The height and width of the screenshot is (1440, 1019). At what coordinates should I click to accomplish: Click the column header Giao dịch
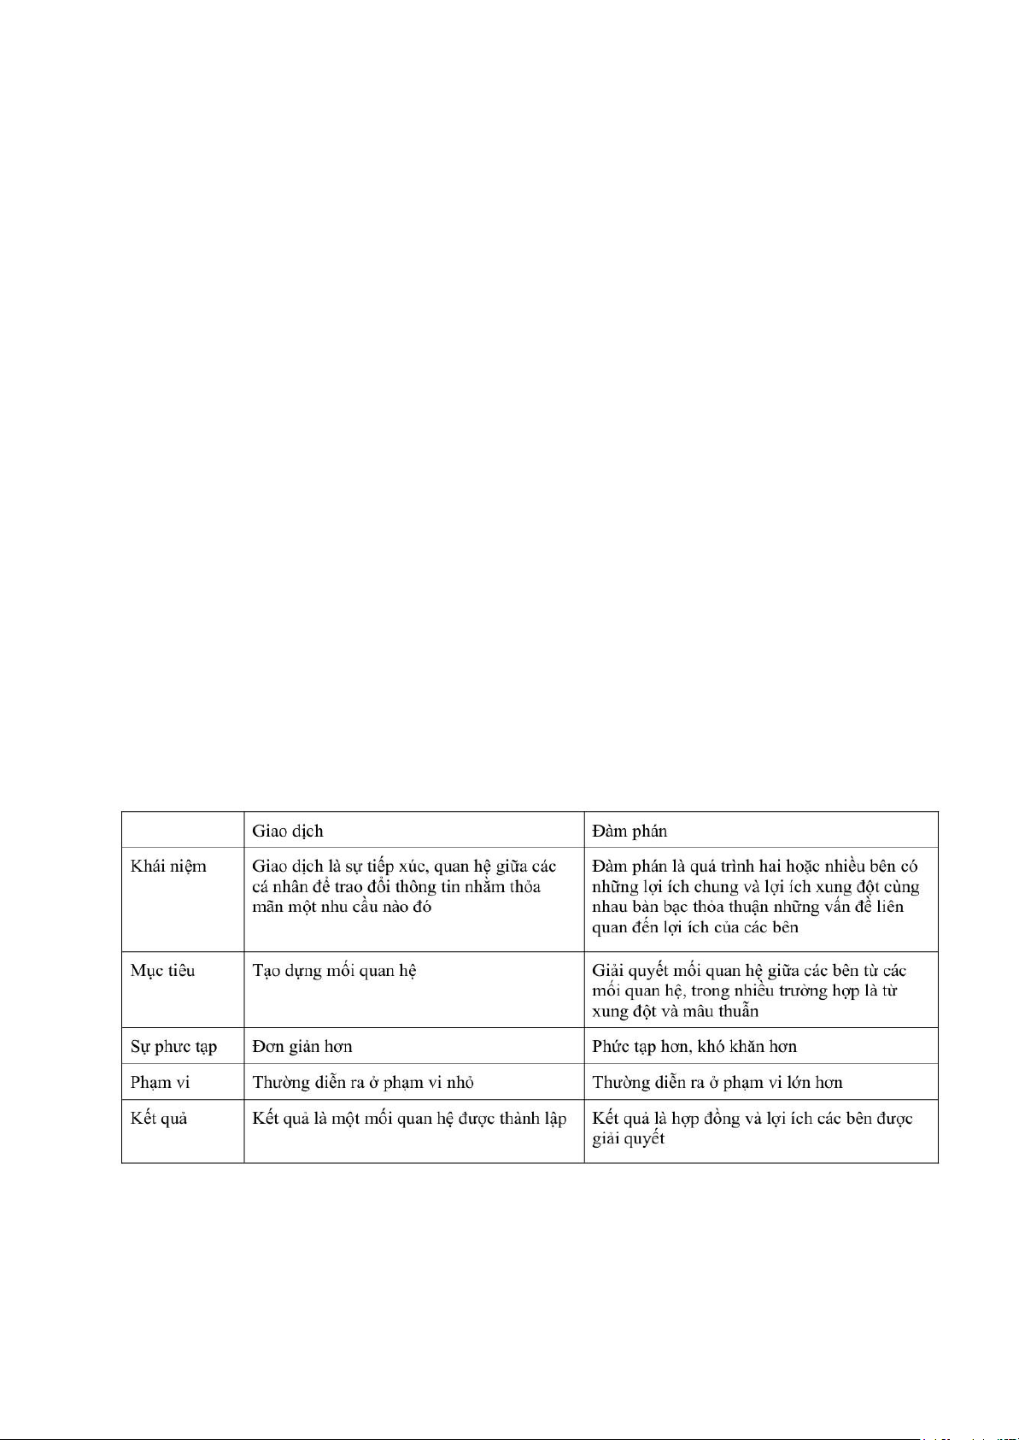click(x=287, y=831)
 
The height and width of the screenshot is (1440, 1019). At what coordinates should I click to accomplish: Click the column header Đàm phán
click(x=630, y=831)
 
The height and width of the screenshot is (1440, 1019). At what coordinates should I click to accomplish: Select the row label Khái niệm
click(x=168, y=867)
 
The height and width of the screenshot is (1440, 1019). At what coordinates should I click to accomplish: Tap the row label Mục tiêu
click(x=162, y=971)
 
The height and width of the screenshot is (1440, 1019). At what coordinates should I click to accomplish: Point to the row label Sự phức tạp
click(x=173, y=1047)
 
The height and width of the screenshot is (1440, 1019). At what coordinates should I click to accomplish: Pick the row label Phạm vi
click(x=160, y=1083)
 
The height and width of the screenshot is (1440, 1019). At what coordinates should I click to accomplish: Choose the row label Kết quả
click(x=159, y=1119)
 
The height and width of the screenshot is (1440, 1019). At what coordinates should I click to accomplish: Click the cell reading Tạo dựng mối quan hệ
click(x=334, y=971)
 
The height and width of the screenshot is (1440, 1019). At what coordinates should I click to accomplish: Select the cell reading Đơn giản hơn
click(x=302, y=1047)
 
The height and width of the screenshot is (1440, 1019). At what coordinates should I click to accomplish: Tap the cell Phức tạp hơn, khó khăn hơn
click(x=694, y=1047)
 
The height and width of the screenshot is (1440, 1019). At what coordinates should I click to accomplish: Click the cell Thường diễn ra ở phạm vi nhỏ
click(x=362, y=1083)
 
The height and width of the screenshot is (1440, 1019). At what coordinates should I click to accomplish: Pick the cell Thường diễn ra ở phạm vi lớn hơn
click(x=717, y=1083)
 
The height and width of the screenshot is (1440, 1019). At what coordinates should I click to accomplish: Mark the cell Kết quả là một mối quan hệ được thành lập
click(x=409, y=1119)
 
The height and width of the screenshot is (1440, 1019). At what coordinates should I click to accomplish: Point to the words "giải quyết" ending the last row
click(x=628, y=1139)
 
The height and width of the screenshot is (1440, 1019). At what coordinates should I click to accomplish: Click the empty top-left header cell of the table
click(x=183, y=830)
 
